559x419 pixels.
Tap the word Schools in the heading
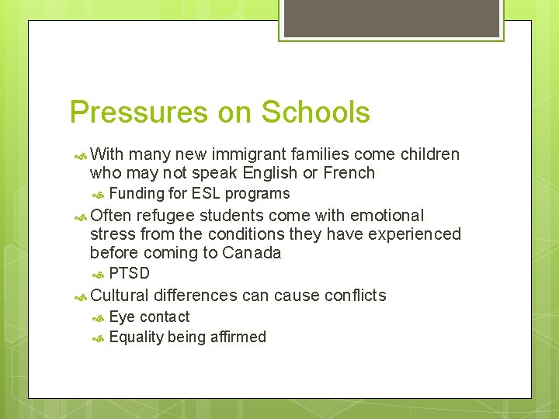[x=316, y=113]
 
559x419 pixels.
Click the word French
[x=347, y=173]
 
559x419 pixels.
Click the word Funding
[x=137, y=194]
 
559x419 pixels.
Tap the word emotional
[x=387, y=215]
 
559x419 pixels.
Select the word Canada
[x=252, y=253]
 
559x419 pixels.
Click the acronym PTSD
[x=129, y=273]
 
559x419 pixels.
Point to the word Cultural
[x=120, y=295]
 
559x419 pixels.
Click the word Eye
[x=122, y=317]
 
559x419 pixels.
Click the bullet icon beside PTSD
[x=99, y=274]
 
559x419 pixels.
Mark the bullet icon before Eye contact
[x=99, y=317]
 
